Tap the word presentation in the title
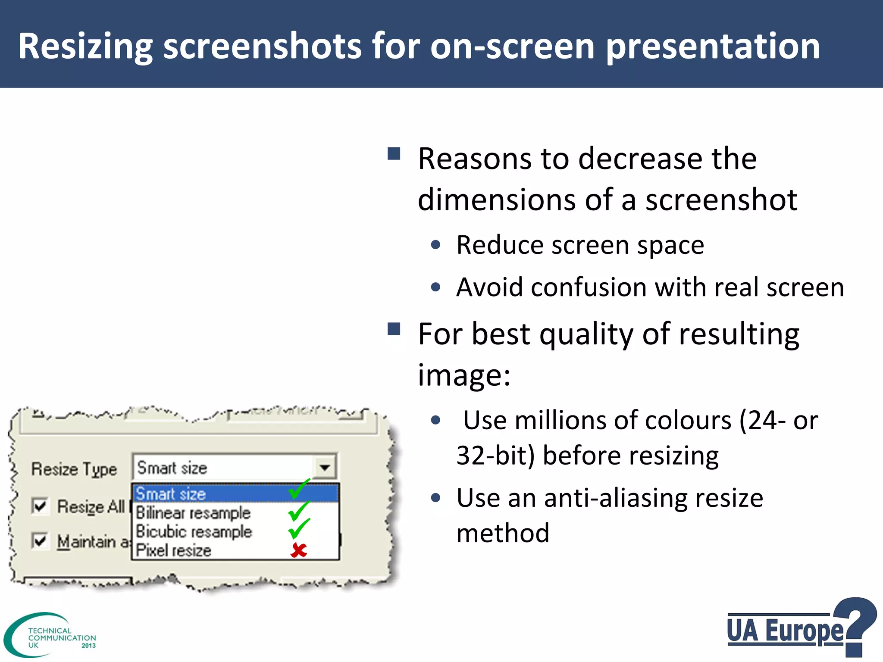(x=713, y=47)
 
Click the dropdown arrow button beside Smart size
(x=325, y=467)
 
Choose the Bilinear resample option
(x=193, y=513)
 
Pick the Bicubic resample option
(x=194, y=532)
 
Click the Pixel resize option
(x=174, y=551)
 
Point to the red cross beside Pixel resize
(x=298, y=550)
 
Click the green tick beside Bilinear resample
(x=298, y=511)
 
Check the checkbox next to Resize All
(x=40, y=506)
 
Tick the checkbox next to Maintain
(x=40, y=540)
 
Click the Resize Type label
(x=74, y=469)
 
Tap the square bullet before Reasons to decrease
(x=394, y=154)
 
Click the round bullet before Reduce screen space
(x=435, y=245)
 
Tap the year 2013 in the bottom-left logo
(x=88, y=646)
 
